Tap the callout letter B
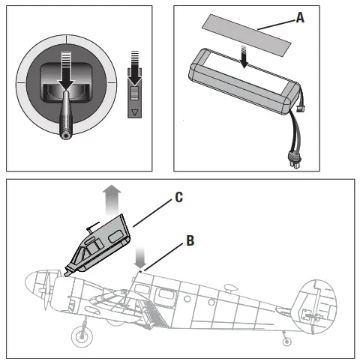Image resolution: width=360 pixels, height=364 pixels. pos(191,240)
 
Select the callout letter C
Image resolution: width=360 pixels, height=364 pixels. pos(178,198)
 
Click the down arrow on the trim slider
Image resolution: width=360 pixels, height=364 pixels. pos(135,75)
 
